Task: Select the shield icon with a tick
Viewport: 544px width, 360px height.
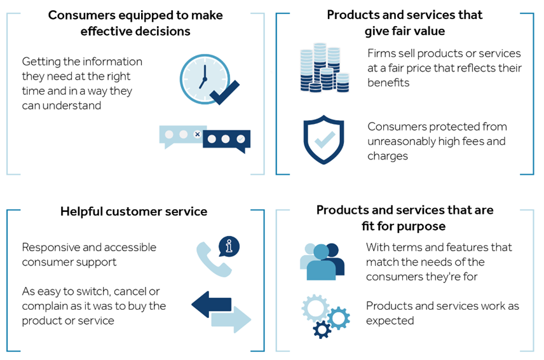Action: [323, 141]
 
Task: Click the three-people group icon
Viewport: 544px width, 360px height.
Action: [322, 261]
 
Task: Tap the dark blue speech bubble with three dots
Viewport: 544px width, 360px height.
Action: [227, 141]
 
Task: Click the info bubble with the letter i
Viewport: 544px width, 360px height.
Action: [229, 246]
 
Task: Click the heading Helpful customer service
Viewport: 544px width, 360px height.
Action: [133, 211]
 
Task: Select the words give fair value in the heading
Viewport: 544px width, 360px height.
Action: [405, 31]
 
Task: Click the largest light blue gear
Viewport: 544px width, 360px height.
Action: [316, 308]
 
